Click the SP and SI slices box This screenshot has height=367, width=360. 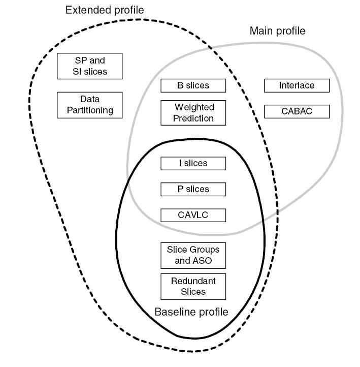pos(89,66)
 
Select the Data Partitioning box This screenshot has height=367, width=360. pos(89,105)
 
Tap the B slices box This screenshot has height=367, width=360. pos(193,86)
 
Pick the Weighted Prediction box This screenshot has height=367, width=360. pos(193,113)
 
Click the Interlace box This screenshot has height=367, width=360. pos(297,86)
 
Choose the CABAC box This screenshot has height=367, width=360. pos(297,111)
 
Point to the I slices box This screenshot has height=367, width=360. pos(193,163)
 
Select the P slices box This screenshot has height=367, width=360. pos(193,189)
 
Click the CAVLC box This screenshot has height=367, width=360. pos(193,215)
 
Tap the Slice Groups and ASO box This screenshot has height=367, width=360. pos(193,256)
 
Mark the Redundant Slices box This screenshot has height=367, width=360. pos(193,287)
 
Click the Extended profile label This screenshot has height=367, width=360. pos(105,10)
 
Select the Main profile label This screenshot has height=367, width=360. pos(277,31)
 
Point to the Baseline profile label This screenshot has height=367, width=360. pos(191,312)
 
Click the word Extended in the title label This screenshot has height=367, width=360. pos(87,10)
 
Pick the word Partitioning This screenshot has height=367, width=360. pos(89,110)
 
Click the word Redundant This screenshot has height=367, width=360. pos(193,281)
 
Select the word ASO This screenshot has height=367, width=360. pos(202,261)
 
